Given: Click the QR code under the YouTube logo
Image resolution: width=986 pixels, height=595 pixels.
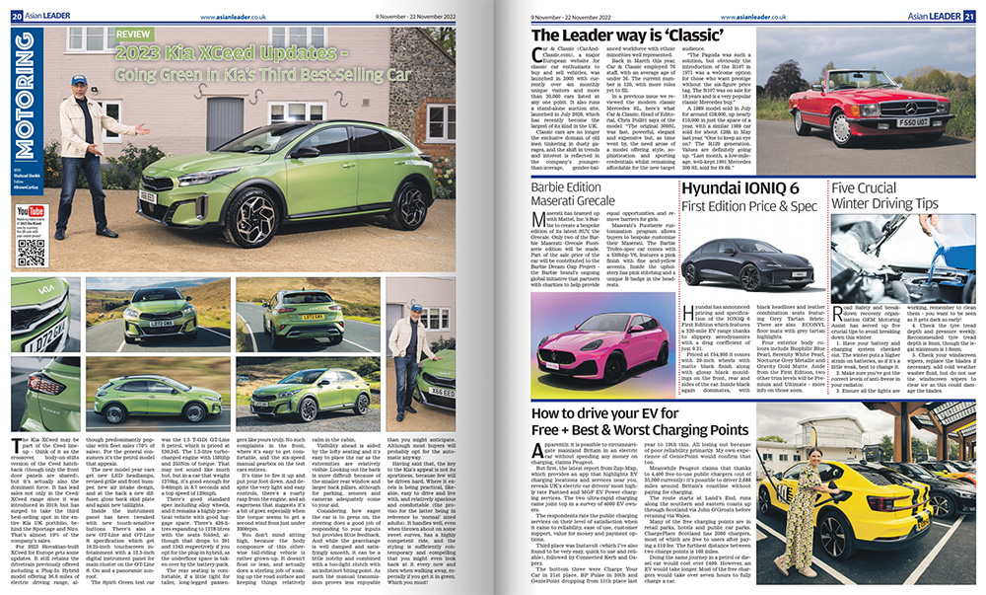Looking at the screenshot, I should click(32, 251).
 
